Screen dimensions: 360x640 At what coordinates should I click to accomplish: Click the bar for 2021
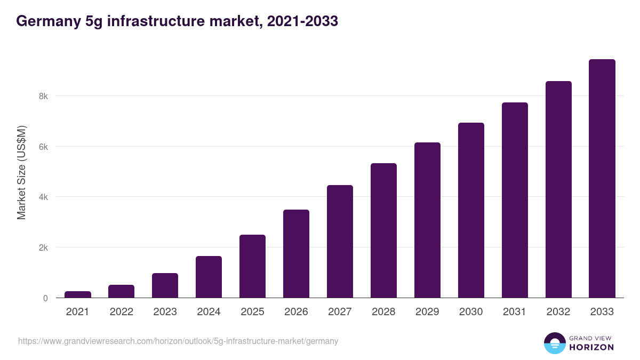pos(78,294)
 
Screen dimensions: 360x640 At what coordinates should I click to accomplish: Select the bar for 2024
pos(209,277)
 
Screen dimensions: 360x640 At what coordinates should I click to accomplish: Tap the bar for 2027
pos(340,242)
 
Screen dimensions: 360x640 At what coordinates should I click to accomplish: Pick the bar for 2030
pos(471,211)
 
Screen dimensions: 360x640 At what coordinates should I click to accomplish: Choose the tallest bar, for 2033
pos(602,179)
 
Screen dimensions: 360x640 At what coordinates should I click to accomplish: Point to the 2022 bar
pos(122,291)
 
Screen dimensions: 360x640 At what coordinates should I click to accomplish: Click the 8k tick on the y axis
pos(43,97)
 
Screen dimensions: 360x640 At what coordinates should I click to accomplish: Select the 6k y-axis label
pos(43,147)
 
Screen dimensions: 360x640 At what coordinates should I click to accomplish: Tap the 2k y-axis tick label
pos(43,247)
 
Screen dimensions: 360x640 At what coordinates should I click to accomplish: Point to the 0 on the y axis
pos(45,298)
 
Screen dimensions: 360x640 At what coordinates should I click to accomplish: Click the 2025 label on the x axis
pos(252,312)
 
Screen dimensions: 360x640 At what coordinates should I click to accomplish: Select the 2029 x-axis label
pos(427,312)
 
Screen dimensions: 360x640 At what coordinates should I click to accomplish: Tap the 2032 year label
pos(558,312)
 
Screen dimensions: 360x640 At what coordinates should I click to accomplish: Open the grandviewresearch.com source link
pos(178,341)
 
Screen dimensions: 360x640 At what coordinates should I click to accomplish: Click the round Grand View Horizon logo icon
pos(554,343)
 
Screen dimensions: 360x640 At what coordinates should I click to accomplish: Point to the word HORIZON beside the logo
pos(592,347)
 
